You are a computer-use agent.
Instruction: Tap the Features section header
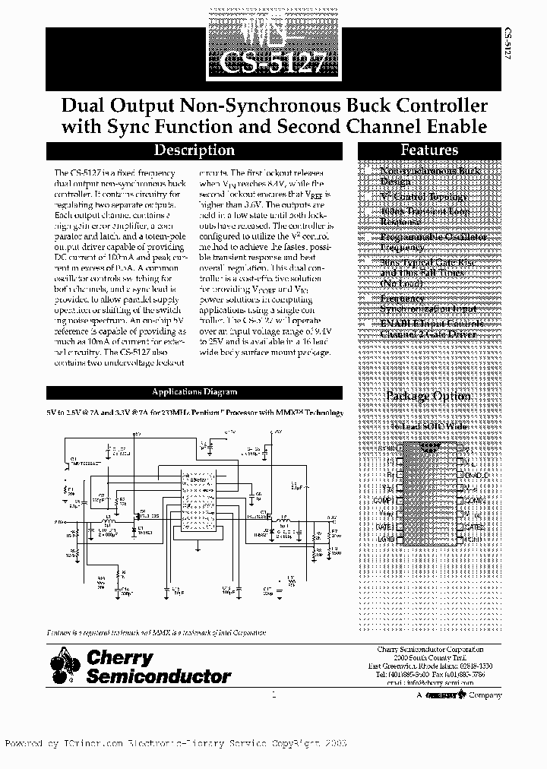(x=429, y=150)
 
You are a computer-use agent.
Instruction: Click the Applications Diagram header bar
(x=195, y=392)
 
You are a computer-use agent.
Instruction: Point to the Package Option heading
(x=428, y=396)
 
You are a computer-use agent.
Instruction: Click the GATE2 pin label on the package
(x=474, y=525)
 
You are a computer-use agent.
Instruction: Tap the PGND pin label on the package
(x=473, y=537)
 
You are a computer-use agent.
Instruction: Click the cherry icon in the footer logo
(x=65, y=664)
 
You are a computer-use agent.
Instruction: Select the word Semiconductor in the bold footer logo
(x=158, y=676)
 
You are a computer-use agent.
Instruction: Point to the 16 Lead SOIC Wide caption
(x=429, y=427)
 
